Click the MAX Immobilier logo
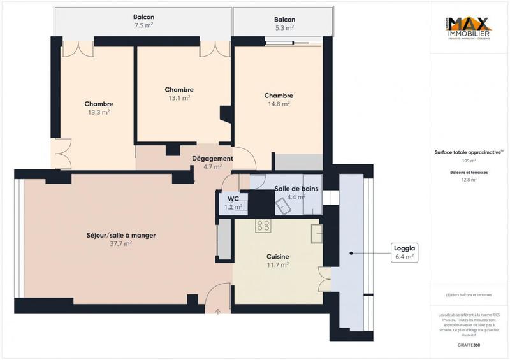pyautogui.click(x=468, y=29)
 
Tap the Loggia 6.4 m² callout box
pyautogui.click(x=405, y=252)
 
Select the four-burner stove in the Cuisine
pyautogui.click(x=263, y=226)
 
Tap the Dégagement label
pyautogui.click(x=212, y=159)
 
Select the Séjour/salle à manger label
pyautogui.click(x=121, y=235)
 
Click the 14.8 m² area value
pyautogui.click(x=279, y=104)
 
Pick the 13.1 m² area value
pyautogui.click(x=178, y=98)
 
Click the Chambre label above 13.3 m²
pyautogui.click(x=99, y=104)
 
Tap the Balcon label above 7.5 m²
pyautogui.click(x=143, y=17)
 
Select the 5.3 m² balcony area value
pyautogui.click(x=284, y=28)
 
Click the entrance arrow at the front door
pyautogui.click(x=218, y=312)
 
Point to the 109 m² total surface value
pyautogui.click(x=468, y=161)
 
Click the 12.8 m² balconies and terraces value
pyautogui.click(x=468, y=180)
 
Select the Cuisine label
pyautogui.click(x=277, y=257)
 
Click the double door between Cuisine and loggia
pyautogui.click(x=325, y=279)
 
